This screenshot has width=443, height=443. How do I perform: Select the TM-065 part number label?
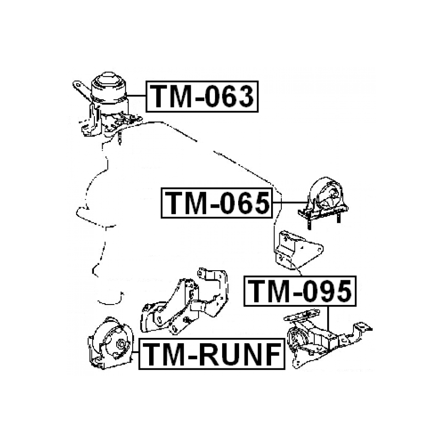pos(216,202)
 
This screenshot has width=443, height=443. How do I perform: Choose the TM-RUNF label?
pos(212,355)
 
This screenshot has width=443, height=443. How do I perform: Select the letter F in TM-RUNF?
pos(270,355)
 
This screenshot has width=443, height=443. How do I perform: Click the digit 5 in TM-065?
pos(258,202)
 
